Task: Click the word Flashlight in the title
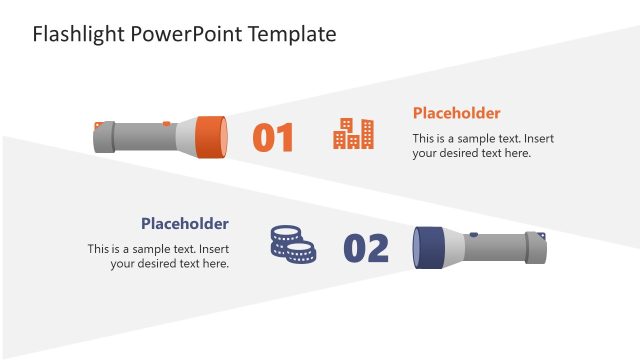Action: pyautogui.click(x=78, y=34)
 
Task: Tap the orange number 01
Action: pyautogui.click(x=273, y=138)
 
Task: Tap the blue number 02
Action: pyautogui.click(x=366, y=248)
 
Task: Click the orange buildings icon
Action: pyautogui.click(x=353, y=134)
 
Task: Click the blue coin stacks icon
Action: pyautogui.click(x=292, y=245)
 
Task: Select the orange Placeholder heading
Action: pyautogui.click(x=456, y=113)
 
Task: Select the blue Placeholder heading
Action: pyautogui.click(x=184, y=223)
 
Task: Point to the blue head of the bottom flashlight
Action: pyautogui.click(x=430, y=247)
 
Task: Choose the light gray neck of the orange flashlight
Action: pyautogui.click(x=185, y=135)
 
